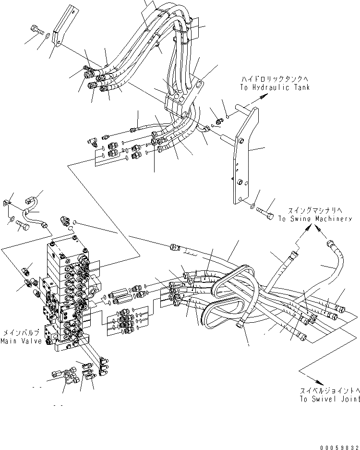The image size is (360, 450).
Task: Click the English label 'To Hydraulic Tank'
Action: (275, 87)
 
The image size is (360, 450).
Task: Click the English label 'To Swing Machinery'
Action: (314, 219)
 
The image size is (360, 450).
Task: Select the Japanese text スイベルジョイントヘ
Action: (330, 391)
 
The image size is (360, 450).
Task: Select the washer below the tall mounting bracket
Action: (252, 207)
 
